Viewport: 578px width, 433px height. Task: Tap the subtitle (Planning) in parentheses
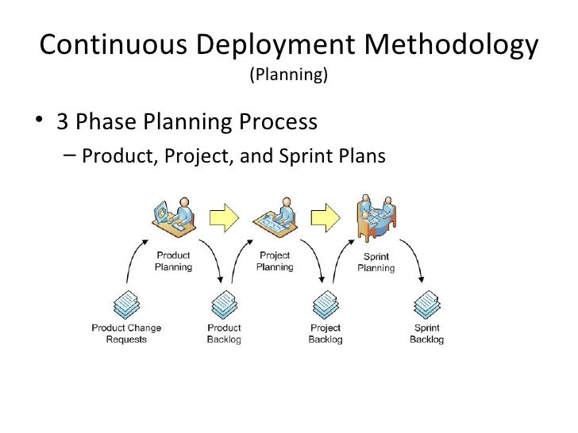point(288,75)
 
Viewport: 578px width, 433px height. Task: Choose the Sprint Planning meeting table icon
point(375,216)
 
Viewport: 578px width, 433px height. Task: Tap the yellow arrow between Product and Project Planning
point(224,216)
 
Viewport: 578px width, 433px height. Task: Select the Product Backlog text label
point(224,334)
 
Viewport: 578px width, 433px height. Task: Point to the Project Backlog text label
point(326,334)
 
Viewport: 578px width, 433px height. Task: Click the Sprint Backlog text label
point(427,334)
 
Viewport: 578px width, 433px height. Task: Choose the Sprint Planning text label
point(376,262)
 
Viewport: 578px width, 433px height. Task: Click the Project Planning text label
point(275,262)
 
